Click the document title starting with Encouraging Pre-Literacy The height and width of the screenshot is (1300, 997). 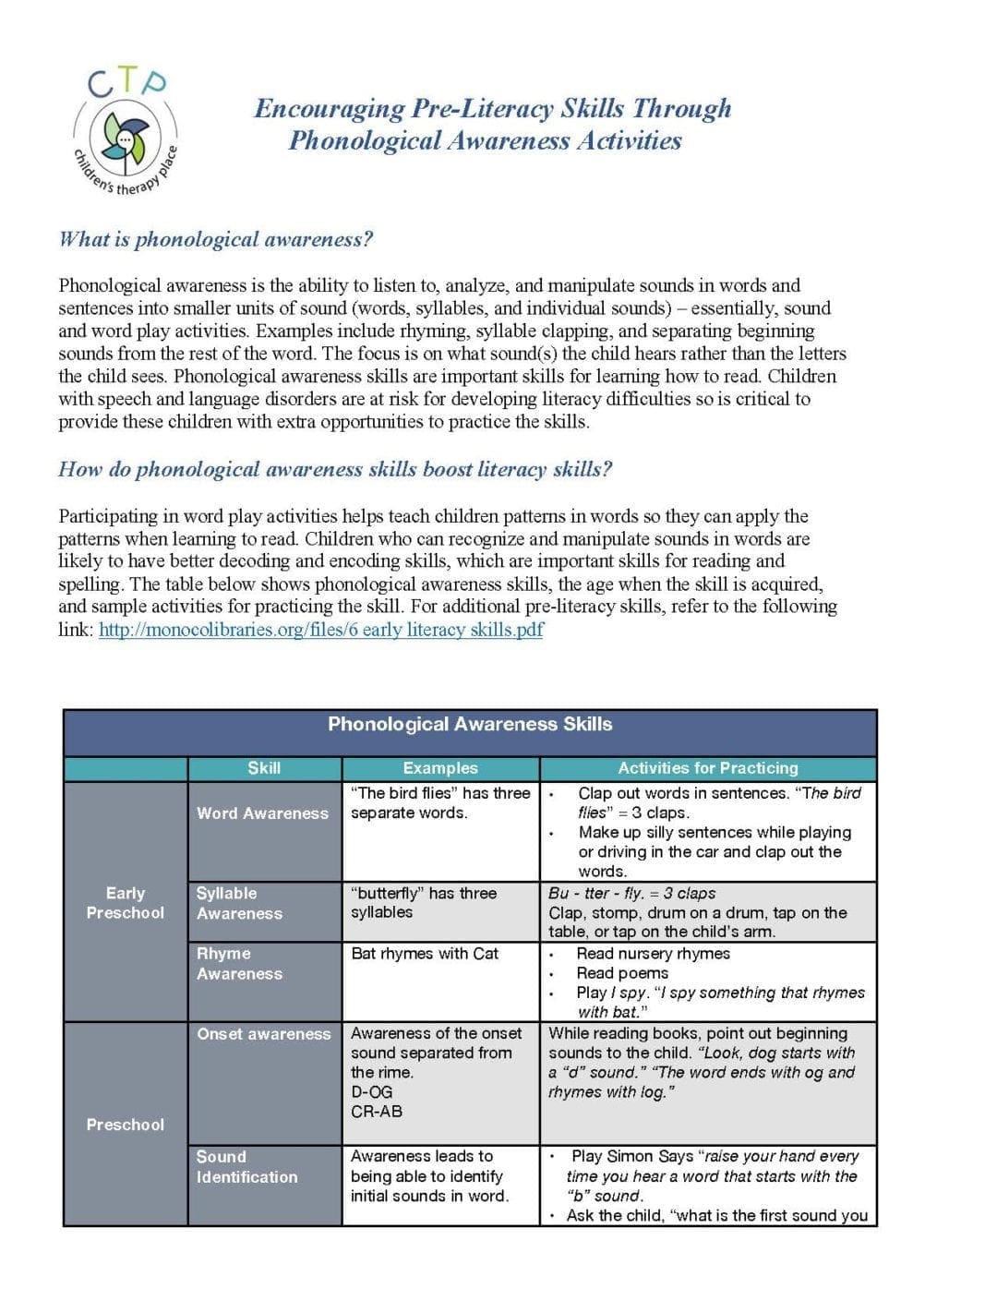491,124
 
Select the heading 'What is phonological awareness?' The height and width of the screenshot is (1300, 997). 216,239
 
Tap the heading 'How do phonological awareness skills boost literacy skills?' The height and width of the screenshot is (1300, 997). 335,469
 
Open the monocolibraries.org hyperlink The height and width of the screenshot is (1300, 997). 320,630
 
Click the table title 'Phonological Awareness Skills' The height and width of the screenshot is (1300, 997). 470,725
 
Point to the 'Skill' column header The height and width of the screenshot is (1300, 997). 264,768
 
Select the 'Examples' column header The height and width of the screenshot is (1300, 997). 440,768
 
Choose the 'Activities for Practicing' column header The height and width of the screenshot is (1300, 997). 707,768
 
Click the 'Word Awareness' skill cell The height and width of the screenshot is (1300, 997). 262,813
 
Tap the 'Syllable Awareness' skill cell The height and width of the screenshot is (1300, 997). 239,903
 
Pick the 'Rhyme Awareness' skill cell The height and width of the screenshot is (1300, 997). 239,963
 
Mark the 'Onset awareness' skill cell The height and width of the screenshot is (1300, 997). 263,1034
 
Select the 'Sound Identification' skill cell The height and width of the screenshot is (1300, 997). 246,1167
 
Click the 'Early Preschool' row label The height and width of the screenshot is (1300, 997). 126,903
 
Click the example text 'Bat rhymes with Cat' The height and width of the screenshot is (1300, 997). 425,954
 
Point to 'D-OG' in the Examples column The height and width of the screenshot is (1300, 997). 371,1092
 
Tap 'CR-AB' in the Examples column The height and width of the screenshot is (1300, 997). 377,1112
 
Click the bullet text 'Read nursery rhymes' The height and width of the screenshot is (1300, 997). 653,954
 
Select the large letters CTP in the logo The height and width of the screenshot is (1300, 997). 127,84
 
